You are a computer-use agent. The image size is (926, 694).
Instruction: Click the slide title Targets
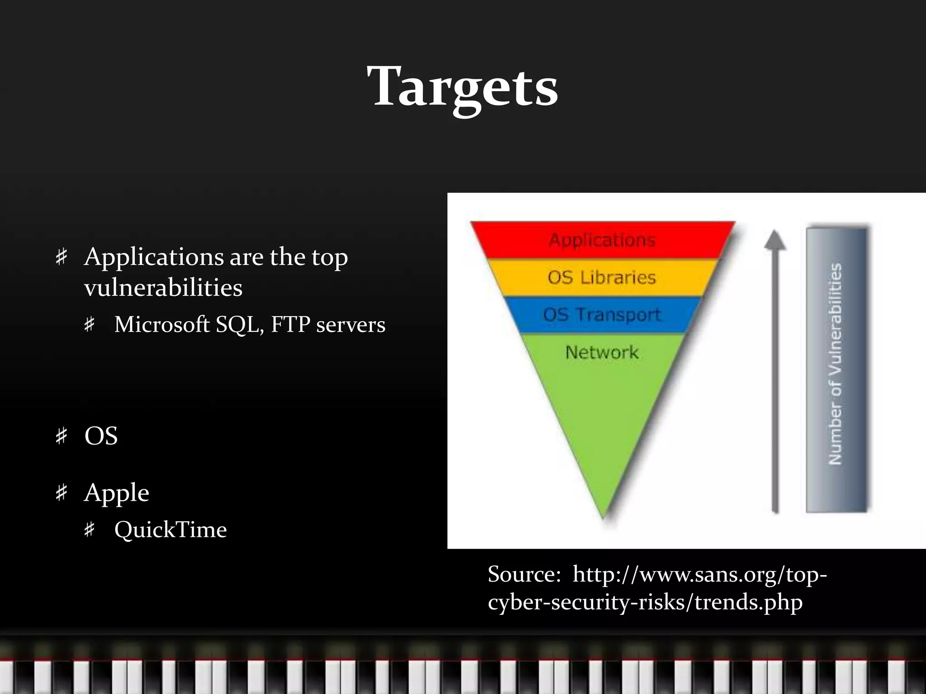[463, 87]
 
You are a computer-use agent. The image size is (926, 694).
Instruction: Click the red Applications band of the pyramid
[602, 240]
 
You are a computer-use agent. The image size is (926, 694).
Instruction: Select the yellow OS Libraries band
[602, 277]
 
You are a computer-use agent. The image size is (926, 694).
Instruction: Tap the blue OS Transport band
[602, 315]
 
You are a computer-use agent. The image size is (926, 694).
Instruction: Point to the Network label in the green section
[602, 352]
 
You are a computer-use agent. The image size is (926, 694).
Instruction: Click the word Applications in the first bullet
[154, 258]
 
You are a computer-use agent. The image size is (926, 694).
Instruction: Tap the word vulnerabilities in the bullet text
[163, 288]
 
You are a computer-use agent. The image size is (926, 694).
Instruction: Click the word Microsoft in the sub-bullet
[162, 324]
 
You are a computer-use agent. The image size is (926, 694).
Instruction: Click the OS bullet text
[101, 436]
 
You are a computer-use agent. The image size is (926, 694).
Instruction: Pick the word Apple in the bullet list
[116, 492]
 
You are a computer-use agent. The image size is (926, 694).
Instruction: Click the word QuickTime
[170, 530]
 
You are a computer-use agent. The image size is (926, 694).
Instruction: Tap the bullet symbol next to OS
[61, 436]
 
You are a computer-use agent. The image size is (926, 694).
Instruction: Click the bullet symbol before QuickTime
[90, 530]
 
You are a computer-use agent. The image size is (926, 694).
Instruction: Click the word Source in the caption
[524, 574]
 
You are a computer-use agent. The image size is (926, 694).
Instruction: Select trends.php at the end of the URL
[748, 602]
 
